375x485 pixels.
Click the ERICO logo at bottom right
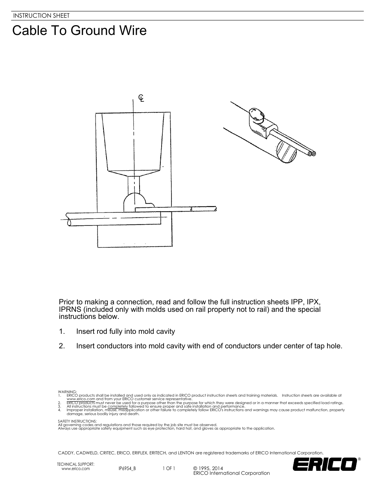pos(325,465)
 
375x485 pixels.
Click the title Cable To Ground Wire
pos(79,31)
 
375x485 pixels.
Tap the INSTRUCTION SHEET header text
pos(41,16)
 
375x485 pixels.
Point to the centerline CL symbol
pos(141,98)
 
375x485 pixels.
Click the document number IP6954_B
pos(127,469)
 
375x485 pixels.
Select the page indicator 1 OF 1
pos(169,469)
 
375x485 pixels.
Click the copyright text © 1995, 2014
pos(208,469)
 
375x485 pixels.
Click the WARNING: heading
pos(64,392)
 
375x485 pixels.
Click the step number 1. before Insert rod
pos(62,331)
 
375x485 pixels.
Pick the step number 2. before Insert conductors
pos(62,346)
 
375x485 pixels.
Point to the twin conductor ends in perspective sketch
pos(312,154)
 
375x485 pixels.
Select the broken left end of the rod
pos(68,219)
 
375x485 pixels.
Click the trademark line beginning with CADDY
pos(191,453)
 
